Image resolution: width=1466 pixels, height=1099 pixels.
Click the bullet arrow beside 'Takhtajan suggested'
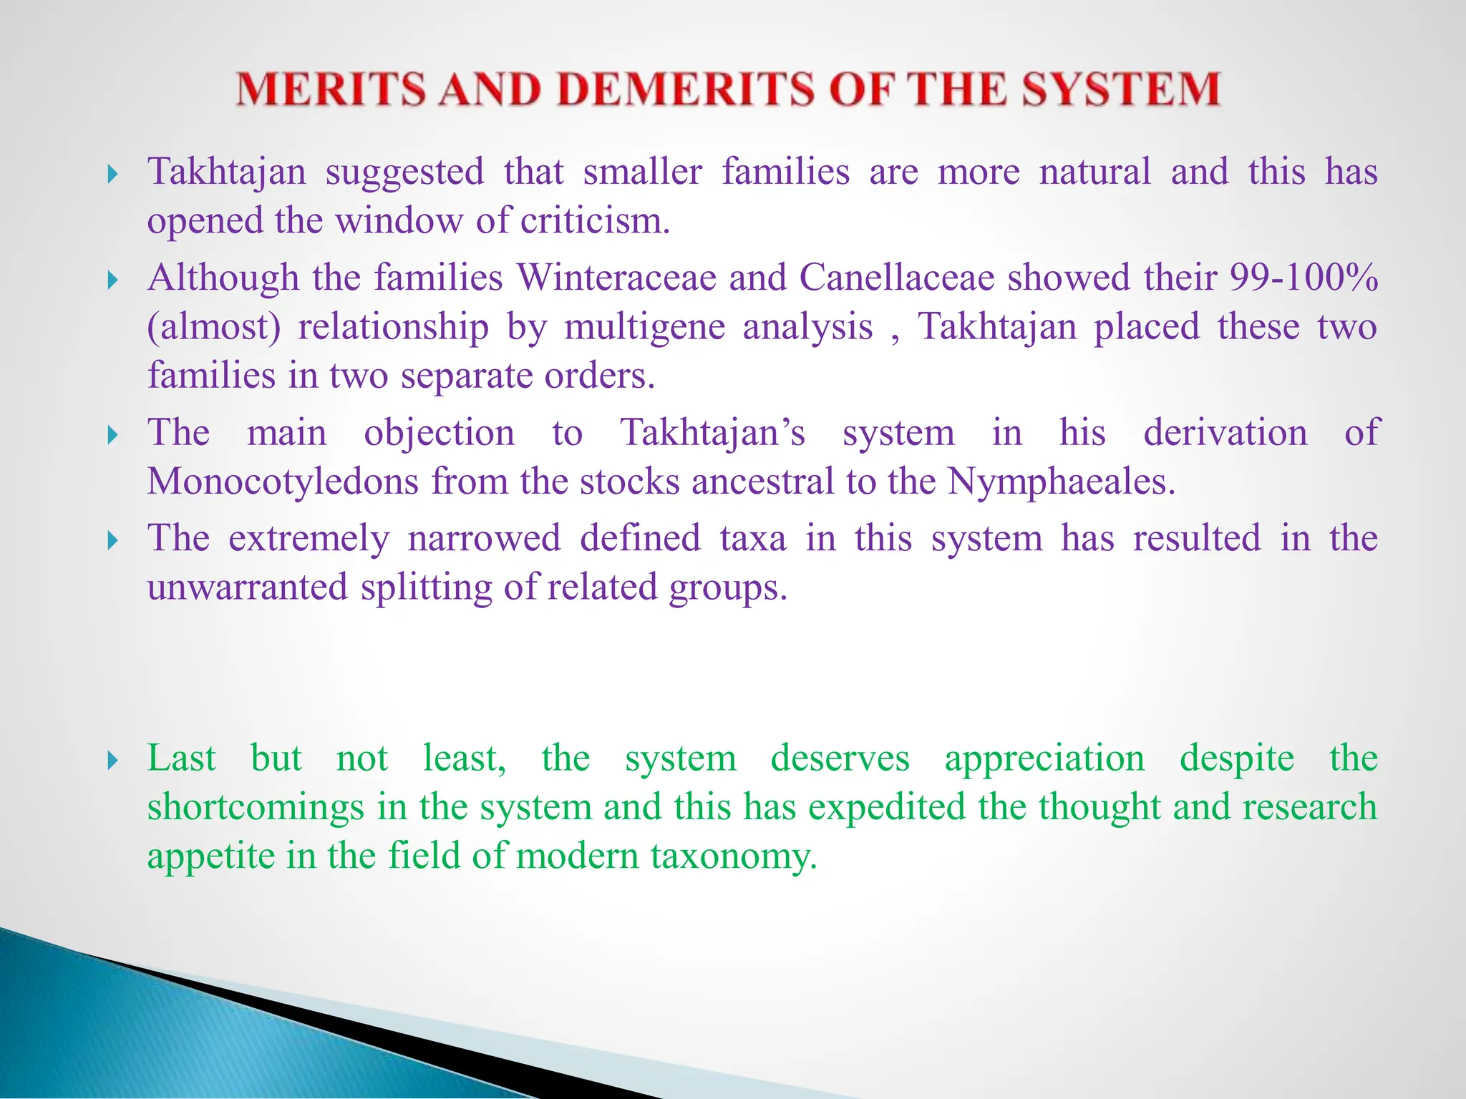[112, 174]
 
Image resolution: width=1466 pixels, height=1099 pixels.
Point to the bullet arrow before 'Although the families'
[112, 279]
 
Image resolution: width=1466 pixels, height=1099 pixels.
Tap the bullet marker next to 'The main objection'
[112, 434]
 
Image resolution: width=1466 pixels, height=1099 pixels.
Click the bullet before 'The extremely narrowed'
[112, 540]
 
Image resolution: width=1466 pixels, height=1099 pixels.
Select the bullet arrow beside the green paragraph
[112, 760]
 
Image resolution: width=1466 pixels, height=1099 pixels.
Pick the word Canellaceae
[897, 278]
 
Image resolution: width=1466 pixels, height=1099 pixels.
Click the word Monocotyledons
[283, 482]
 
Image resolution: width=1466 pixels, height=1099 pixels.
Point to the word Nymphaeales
[1061, 482]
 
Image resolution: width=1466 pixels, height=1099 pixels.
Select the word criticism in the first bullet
[595, 220]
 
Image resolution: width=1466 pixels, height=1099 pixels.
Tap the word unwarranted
[247, 587]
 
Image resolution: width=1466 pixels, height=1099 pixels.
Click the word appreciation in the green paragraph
[1044, 758]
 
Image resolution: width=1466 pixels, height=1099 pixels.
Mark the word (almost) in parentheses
[214, 327]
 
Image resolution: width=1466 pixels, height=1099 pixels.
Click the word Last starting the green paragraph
[181, 758]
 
